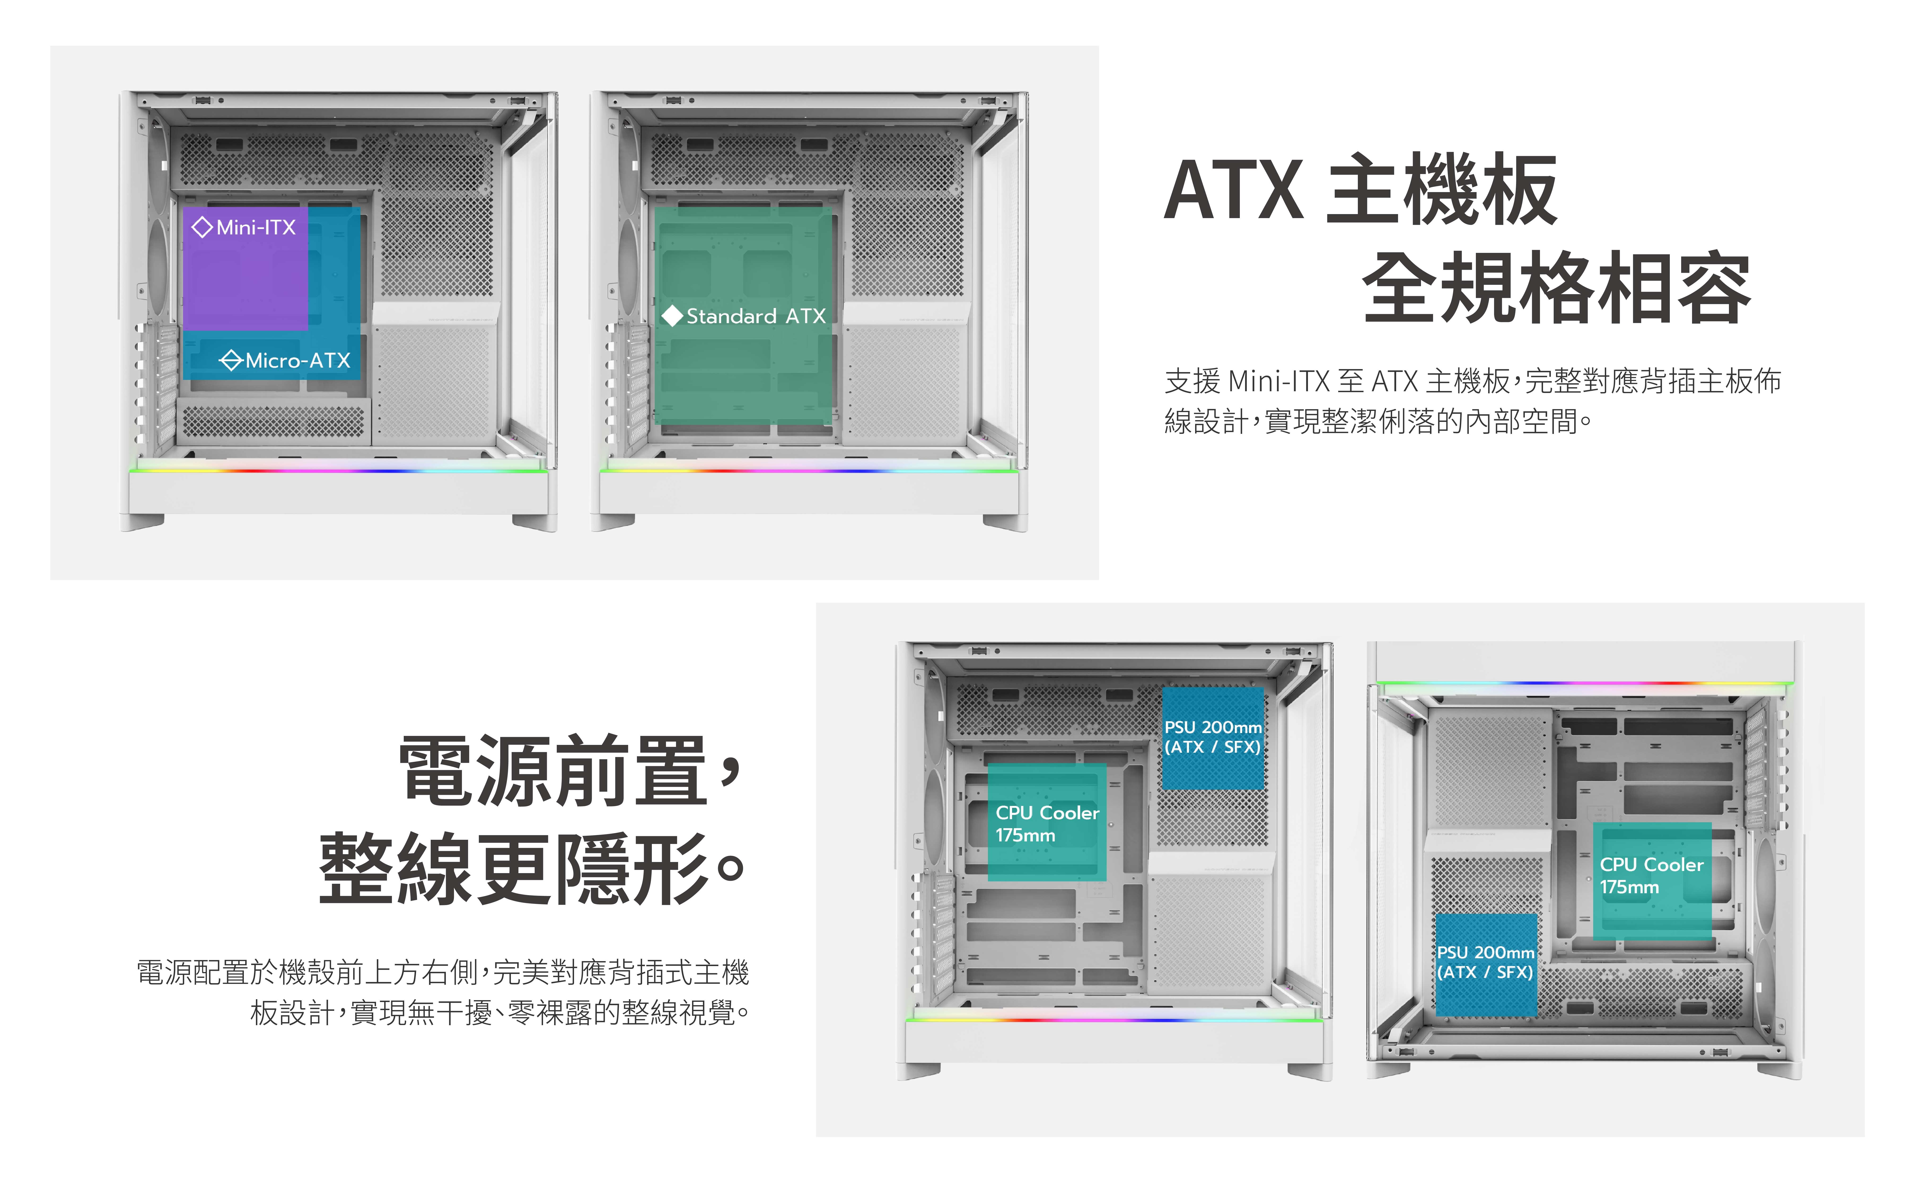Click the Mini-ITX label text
pos(256,228)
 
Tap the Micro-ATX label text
pos(297,361)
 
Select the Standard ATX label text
pos(756,316)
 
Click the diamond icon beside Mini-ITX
pos(202,228)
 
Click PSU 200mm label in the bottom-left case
pos(1213,737)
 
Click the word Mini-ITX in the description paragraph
pos(1278,381)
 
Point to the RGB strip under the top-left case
pos(338,470)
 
